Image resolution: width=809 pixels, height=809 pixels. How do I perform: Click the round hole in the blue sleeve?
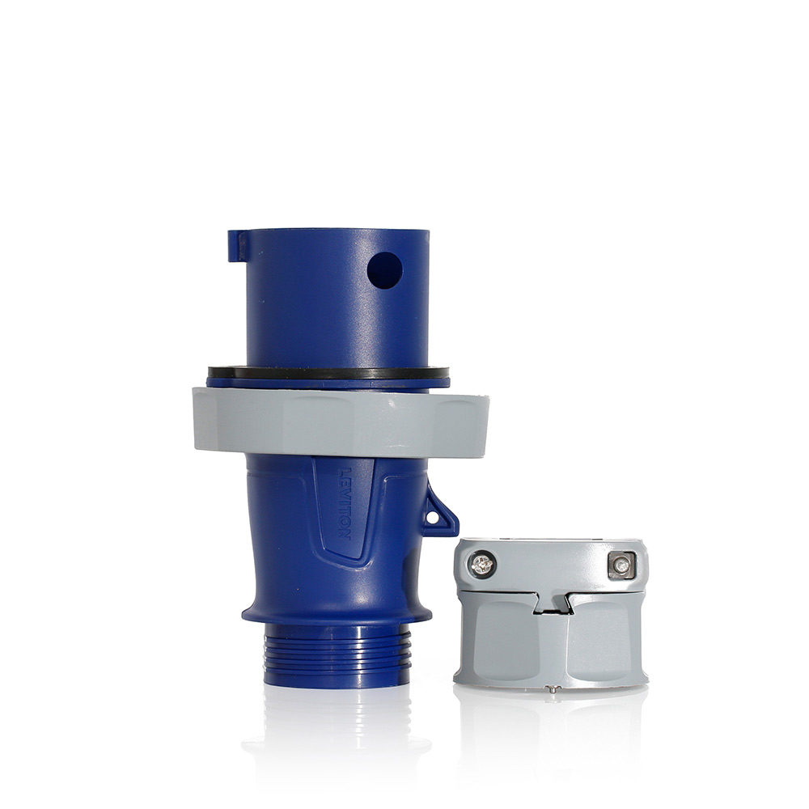coord(384,270)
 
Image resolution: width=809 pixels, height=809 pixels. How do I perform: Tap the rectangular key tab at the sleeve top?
coord(237,246)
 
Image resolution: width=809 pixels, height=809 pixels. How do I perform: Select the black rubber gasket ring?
coord(328,372)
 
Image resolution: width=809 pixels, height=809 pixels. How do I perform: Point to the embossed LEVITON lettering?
coord(343,503)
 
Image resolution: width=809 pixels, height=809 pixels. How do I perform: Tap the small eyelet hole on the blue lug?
coord(434,517)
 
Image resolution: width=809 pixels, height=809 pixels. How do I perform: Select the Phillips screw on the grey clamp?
coord(483,564)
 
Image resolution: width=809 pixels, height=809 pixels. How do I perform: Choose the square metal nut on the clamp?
coord(621,565)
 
